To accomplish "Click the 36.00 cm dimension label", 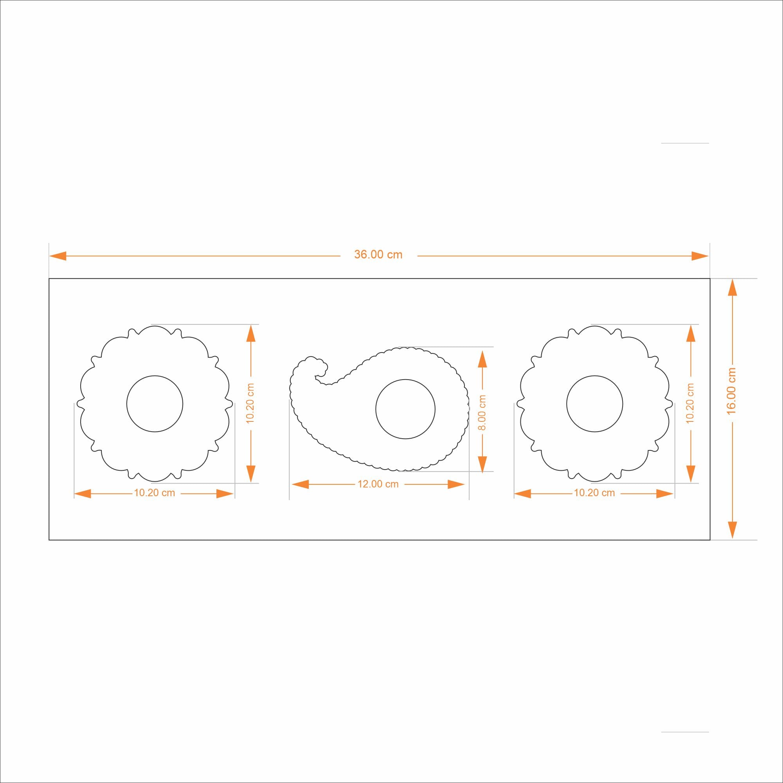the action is (378, 254).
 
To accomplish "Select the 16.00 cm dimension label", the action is (731, 391).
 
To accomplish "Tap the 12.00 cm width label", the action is (378, 484).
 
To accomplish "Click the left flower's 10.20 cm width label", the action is (155, 493).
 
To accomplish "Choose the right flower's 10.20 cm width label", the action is (594, 493).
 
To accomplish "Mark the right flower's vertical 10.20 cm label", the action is (690, 403).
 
